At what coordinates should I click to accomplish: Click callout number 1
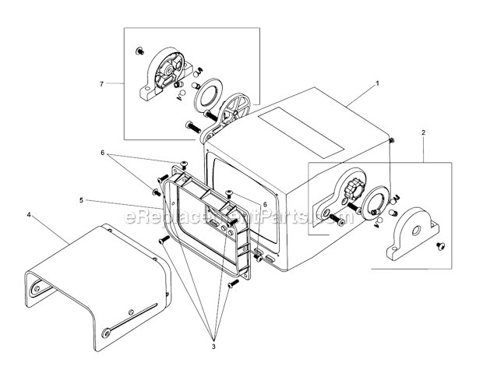377,82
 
